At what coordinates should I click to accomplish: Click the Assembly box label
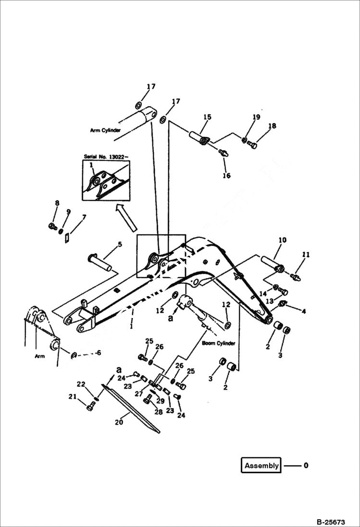(261, 466)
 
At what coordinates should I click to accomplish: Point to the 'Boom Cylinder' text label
(219, 343)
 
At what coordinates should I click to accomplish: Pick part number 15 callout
(207, 117)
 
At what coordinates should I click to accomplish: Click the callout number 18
(272, 126)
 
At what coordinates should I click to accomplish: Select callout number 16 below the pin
(226, 175)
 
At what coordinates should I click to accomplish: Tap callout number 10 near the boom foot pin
(282, 239)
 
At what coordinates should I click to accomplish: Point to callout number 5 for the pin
(120, 244)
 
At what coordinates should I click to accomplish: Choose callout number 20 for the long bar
(119, 422)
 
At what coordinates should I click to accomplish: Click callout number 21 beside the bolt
(73, 396)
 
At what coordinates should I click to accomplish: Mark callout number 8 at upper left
(57, 203)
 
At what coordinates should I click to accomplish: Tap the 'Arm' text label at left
(39, 356)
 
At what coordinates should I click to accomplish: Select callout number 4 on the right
(303, 311)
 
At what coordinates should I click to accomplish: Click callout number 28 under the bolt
(158, 412)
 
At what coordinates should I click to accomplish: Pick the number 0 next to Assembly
(306, 466)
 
